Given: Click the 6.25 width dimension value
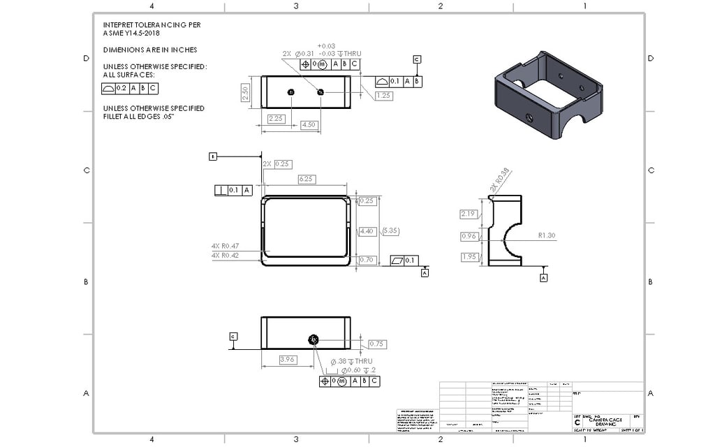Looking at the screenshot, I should coord(305,179).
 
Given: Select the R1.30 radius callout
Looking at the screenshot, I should coord(547,235).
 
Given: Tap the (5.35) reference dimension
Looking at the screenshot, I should coord(390,230).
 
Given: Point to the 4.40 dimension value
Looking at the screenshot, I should coord(367,230).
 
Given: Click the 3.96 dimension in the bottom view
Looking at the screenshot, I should coord(287,359).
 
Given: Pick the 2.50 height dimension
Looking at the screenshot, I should coord(246,92).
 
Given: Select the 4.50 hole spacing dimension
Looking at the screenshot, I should coord(309,124).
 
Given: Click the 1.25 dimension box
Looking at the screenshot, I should coord(383,96).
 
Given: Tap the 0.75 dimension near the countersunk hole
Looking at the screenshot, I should coord(377,344).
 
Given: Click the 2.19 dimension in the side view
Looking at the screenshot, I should coord(468,214).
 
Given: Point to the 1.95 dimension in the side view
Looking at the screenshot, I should coord(468,257).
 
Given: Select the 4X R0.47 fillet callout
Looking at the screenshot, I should coord(225,246).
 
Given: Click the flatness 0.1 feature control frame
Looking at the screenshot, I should coord(404,261).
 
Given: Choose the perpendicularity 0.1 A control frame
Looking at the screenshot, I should coord(233,190).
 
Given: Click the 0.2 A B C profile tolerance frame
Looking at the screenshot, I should coord(130,88).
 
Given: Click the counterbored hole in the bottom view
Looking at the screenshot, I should coord(314,339).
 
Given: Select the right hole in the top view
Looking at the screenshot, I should coord(320,91).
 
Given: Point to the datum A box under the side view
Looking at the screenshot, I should coord(544,277).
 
